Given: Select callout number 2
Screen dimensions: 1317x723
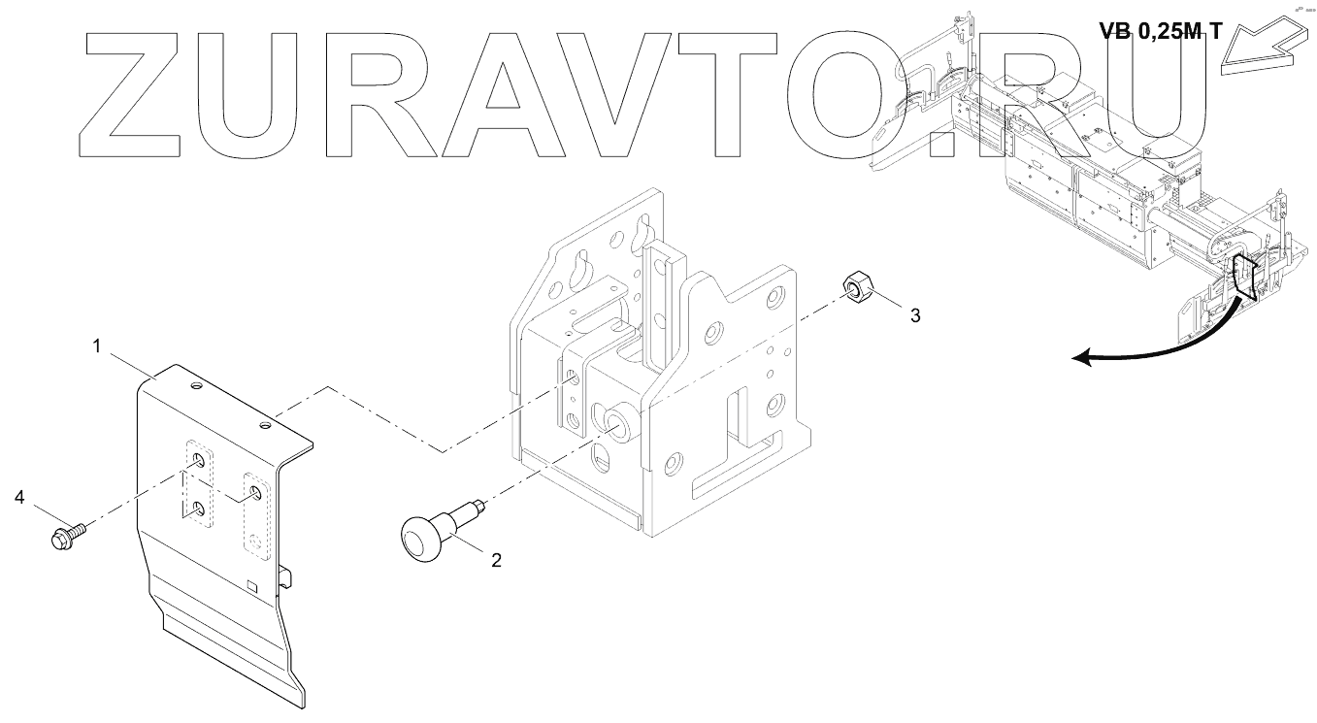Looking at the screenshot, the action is point(496,560).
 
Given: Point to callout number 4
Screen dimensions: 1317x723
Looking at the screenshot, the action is point(20,498).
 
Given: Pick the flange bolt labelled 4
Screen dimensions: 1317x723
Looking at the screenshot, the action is point(64,534).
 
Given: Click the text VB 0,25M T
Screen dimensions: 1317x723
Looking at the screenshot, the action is point(1160,30).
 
